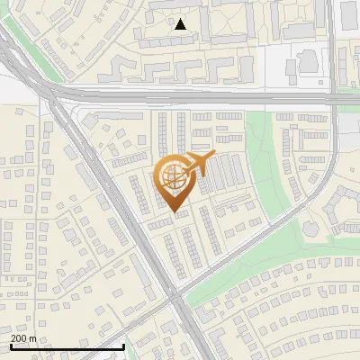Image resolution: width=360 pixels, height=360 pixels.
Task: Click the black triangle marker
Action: (x=181, y=24)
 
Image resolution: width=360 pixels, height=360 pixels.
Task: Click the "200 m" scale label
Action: (x=23, y=338)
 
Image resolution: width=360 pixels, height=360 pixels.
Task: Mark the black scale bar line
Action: (x=67, y=346)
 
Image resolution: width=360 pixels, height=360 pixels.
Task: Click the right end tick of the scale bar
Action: (x=123, y=345)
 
